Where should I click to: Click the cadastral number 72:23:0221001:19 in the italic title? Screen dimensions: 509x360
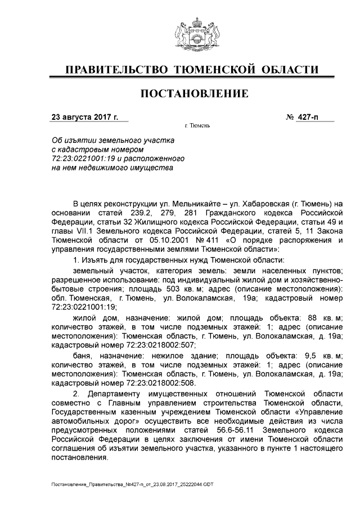point(83,159)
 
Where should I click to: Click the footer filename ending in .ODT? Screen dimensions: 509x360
point(133,484)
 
